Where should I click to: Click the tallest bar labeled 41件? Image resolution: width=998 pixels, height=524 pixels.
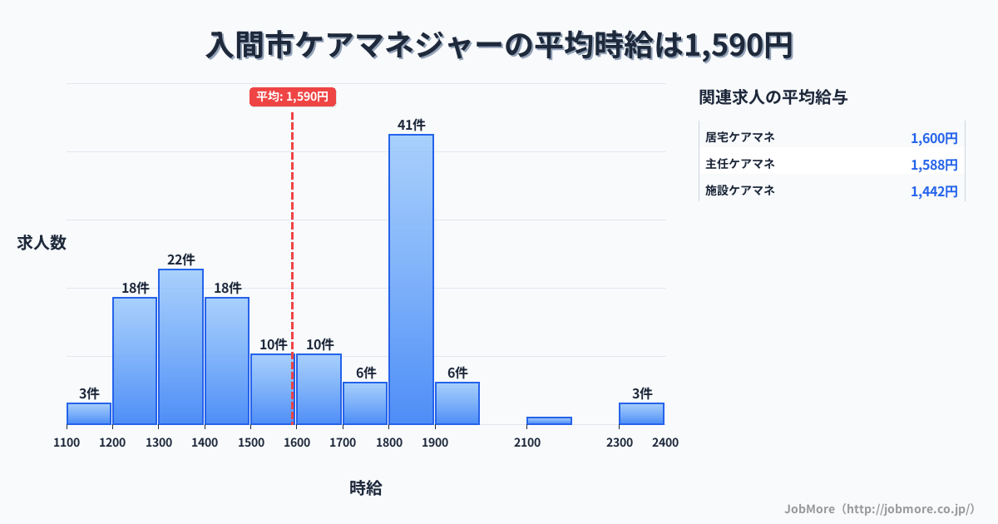pyautogui.click(x=411, y=279)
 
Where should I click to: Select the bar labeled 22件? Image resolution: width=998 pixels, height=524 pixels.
pyautogui.click(x=180, y=347)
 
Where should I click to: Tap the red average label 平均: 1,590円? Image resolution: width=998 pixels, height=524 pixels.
pyautogui.click(x=292, y=96)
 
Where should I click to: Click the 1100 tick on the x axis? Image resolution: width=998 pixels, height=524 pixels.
pyautogui.click(x=67, y=442)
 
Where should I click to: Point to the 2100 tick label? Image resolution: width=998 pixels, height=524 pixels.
pyautogui.click(x=527, y=442)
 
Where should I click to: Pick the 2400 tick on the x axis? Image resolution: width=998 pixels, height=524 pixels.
pyautogui.click(x=665, y=442)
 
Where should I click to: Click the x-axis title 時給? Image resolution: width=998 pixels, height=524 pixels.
pyautogui.click(x=366, y=488)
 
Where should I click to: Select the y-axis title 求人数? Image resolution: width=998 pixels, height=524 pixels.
pyautogui.click(x=42, y=243)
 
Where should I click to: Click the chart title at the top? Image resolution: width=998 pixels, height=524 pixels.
pyautogui.click(x=499, y=46)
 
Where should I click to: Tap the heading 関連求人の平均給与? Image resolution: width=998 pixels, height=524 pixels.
pyautogui.click(x=773, y=97)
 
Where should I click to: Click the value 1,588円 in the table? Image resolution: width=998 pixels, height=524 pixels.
pyautogui.click(x=934, y=165)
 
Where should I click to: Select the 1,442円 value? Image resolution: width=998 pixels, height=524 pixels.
pyautogui.click(x=934, y=191)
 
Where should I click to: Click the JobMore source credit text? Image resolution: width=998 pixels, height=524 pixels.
pyautogui.click(x=879, y=508)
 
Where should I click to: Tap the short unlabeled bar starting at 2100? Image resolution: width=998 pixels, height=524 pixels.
pyautogui.click(x=549, y=421)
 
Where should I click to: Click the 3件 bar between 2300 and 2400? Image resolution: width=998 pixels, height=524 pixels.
pyautogui.click(x=641, y=413)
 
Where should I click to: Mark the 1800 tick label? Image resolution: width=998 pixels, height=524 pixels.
pyautogui.click(x=388, y=442)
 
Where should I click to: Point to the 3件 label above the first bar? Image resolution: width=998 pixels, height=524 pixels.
pyautogui.click(x=89, y=393)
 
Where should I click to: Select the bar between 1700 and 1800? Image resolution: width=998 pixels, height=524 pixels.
pyautogui.click(x=365, y=403)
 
